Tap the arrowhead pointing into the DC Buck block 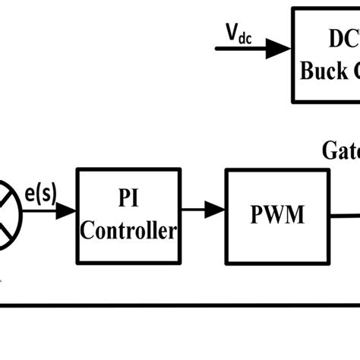(281, 49)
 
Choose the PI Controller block (128, 216)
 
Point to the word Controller (128, 231)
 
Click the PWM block (276, 216)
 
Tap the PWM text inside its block (276, 216)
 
